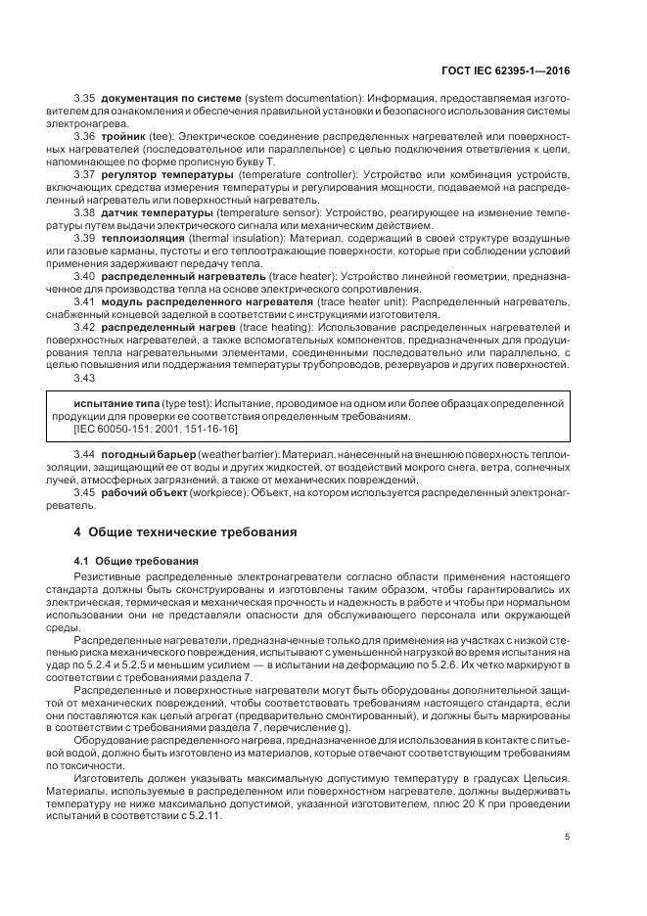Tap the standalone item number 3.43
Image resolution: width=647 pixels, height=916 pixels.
tap(85, 377)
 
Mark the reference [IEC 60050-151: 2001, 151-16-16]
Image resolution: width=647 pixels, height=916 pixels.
tap(155, 429)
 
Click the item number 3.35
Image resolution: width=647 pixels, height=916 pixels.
tap(85, 99)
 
